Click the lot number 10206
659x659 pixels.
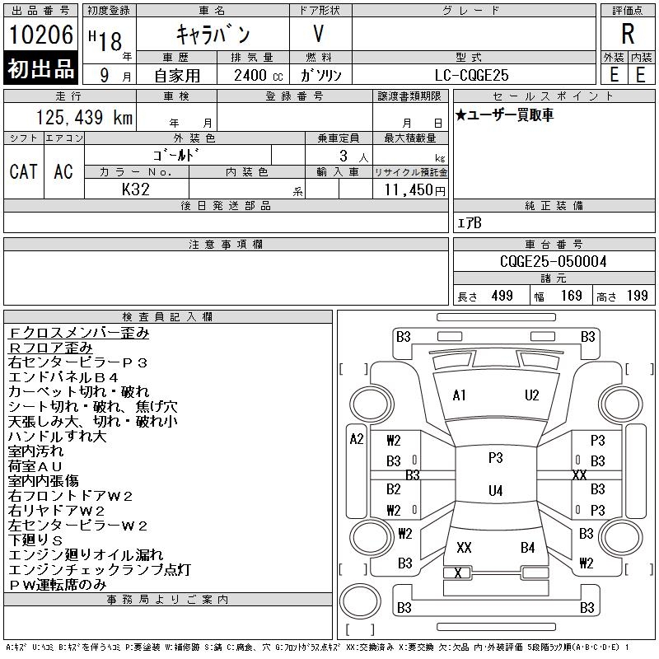41,35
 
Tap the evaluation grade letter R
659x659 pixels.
628,35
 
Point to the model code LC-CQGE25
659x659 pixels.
473,74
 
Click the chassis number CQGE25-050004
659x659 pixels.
554,261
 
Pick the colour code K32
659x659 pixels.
136,189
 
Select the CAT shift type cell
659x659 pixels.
23,171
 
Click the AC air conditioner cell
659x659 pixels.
63,171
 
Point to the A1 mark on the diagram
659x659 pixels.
460,395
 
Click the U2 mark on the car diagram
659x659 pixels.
531,395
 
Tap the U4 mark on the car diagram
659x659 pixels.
495,491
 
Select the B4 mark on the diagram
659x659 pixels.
528,547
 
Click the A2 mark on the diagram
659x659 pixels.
356,439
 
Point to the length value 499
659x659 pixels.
502,296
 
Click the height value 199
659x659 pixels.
637,296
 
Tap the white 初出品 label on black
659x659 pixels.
41,70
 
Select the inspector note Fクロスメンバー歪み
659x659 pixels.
78,334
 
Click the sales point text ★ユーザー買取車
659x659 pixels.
504,115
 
